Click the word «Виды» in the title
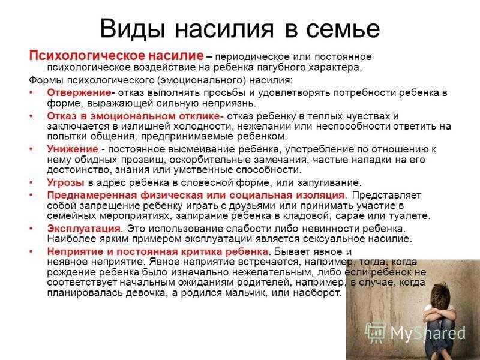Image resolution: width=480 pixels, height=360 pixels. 133,28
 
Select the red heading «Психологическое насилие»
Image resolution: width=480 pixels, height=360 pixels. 116,56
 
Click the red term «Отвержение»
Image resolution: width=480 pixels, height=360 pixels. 79,92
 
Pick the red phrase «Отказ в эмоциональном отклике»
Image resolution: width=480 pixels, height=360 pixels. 136,116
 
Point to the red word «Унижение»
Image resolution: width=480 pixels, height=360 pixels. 73,149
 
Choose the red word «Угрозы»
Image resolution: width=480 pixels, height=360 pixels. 65,183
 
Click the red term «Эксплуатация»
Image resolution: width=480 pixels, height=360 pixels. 84,229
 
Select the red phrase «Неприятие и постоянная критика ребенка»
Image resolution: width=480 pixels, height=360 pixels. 158,251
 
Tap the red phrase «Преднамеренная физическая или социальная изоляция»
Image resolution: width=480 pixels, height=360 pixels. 196,196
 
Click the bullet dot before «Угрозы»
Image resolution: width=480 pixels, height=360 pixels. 31,183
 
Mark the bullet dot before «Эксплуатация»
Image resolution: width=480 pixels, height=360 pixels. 31,229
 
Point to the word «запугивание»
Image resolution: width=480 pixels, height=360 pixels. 329,183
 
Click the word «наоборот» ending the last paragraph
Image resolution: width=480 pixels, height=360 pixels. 317,293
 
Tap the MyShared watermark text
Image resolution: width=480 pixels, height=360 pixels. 428,333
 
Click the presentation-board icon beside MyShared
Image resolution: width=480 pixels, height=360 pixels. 376,332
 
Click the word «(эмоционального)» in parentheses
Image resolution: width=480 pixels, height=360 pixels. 202,80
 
